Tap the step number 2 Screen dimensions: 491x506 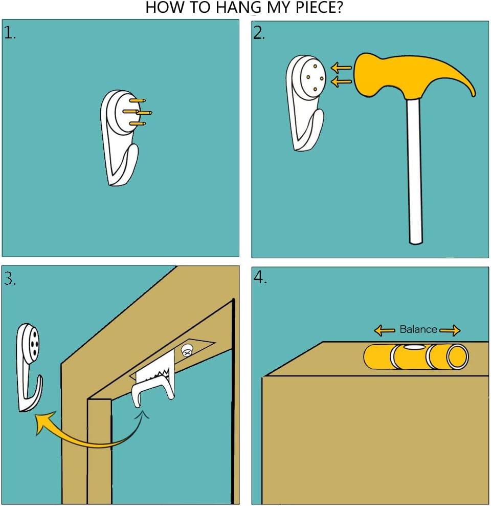coord(258,33)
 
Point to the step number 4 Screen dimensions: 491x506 coord(260,277)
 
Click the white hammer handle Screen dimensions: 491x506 coord(414,171)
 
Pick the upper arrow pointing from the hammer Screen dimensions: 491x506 coord(342,68)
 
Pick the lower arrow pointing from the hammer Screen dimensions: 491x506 coord(342,81)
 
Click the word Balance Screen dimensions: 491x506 coord(418,329)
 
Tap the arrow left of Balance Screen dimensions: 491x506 coord(384,330)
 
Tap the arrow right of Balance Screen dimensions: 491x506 coord(450,330)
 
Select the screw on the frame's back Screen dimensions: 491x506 coord(187,350)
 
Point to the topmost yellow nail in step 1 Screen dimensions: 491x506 coord(138,100)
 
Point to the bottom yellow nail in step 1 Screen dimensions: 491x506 coord(138,123)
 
